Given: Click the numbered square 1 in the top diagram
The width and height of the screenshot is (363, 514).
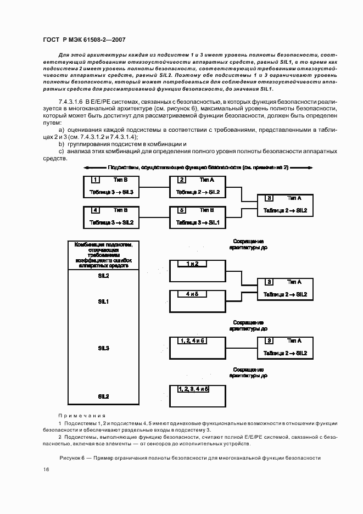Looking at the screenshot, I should click(96, 180).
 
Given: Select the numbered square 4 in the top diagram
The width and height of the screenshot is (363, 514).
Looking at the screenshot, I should click(96, 210).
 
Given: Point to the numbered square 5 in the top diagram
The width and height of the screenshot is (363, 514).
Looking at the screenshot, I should click(182, 210).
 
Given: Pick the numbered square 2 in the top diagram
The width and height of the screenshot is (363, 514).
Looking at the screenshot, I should click(182, 180).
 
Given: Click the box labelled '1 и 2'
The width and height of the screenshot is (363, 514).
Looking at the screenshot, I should click(192, 264).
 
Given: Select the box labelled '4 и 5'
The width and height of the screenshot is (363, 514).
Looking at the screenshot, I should click(192, 294).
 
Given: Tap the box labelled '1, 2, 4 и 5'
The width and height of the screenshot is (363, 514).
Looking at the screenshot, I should click(192, 340).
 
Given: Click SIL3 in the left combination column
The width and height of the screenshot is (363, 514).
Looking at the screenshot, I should click(103, 348).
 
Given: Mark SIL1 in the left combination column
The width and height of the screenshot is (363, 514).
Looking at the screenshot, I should click(103, 301).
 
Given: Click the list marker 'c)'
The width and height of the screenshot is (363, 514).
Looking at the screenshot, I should click(62, 150).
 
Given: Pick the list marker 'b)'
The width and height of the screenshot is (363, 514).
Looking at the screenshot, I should click(62, 144).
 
